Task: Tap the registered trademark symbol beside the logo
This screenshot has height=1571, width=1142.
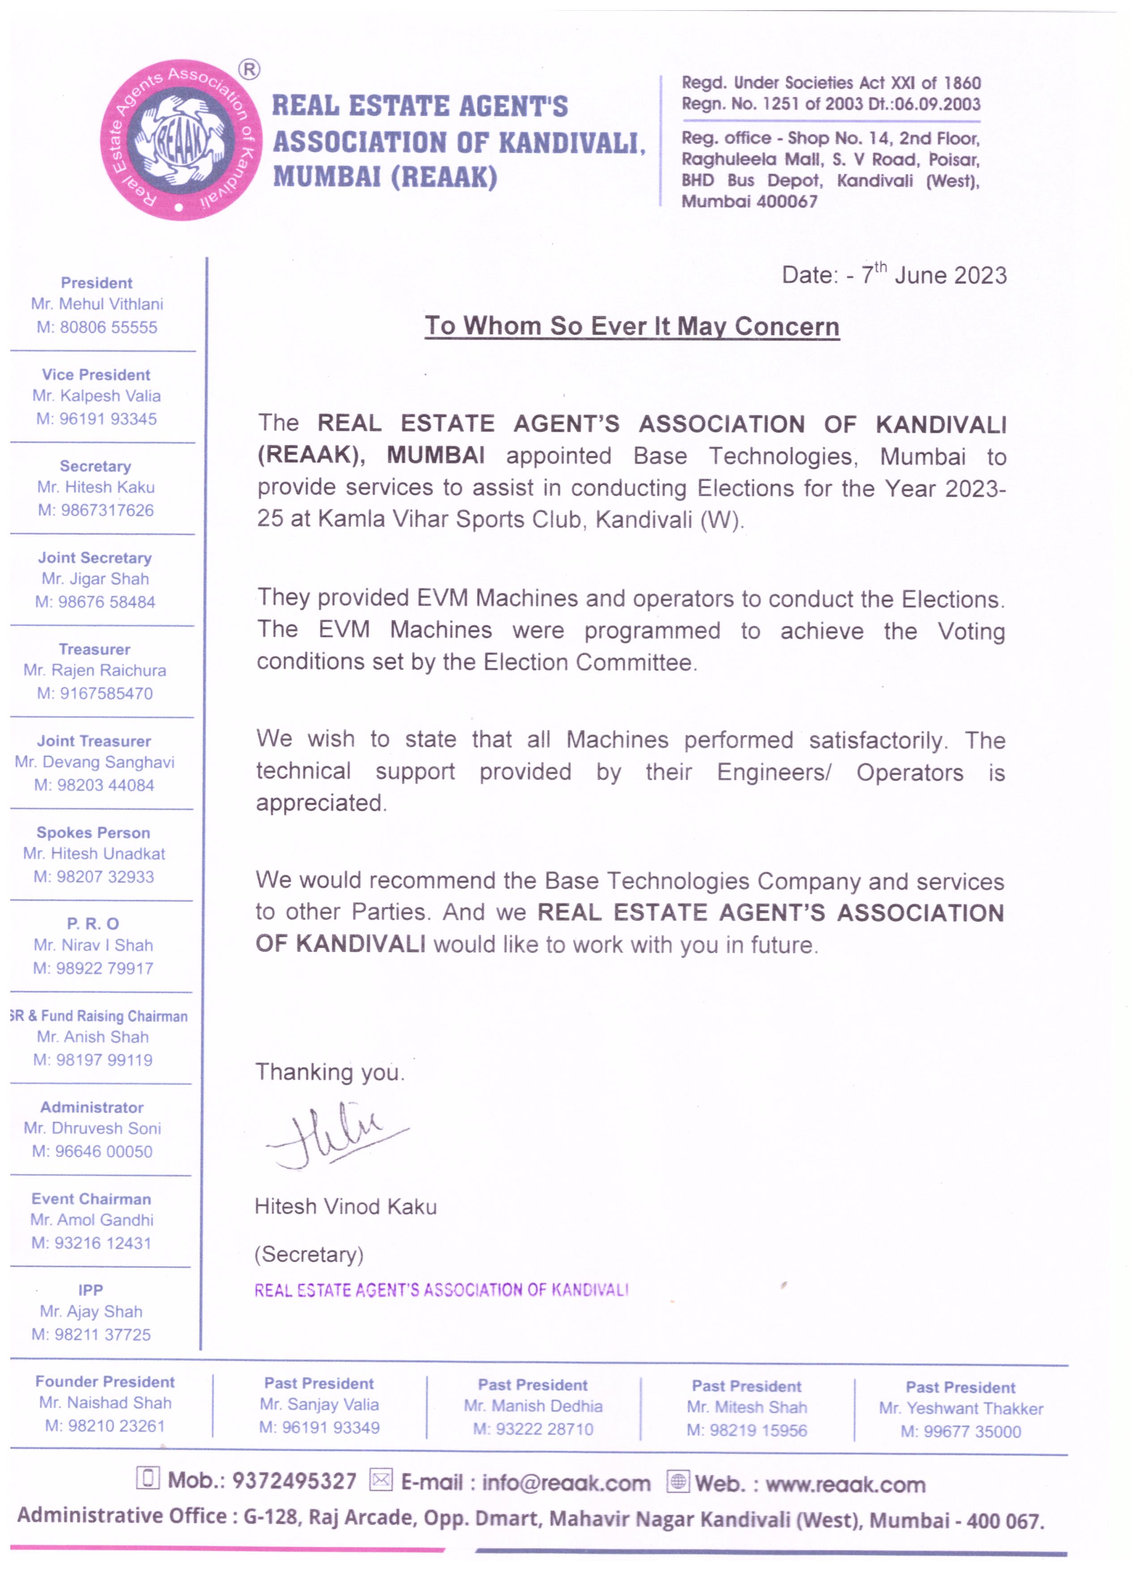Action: click(x=249, y=70)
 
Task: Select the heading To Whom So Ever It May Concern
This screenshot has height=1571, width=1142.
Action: click(x=631, y=326)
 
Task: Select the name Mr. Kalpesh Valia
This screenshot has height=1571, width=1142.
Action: click(x=96, y=396)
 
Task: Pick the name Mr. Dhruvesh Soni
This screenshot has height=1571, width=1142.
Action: click(x=92, y=1128)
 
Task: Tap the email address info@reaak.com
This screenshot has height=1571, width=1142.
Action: click(x=566, y=1483)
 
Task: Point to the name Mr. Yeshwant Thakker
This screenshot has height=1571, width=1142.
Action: click(x=961, y=1409)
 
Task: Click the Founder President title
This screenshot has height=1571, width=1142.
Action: click(x=105, y=1382)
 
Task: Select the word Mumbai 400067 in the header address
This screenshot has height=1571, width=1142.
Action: click(x=750, y=201)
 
